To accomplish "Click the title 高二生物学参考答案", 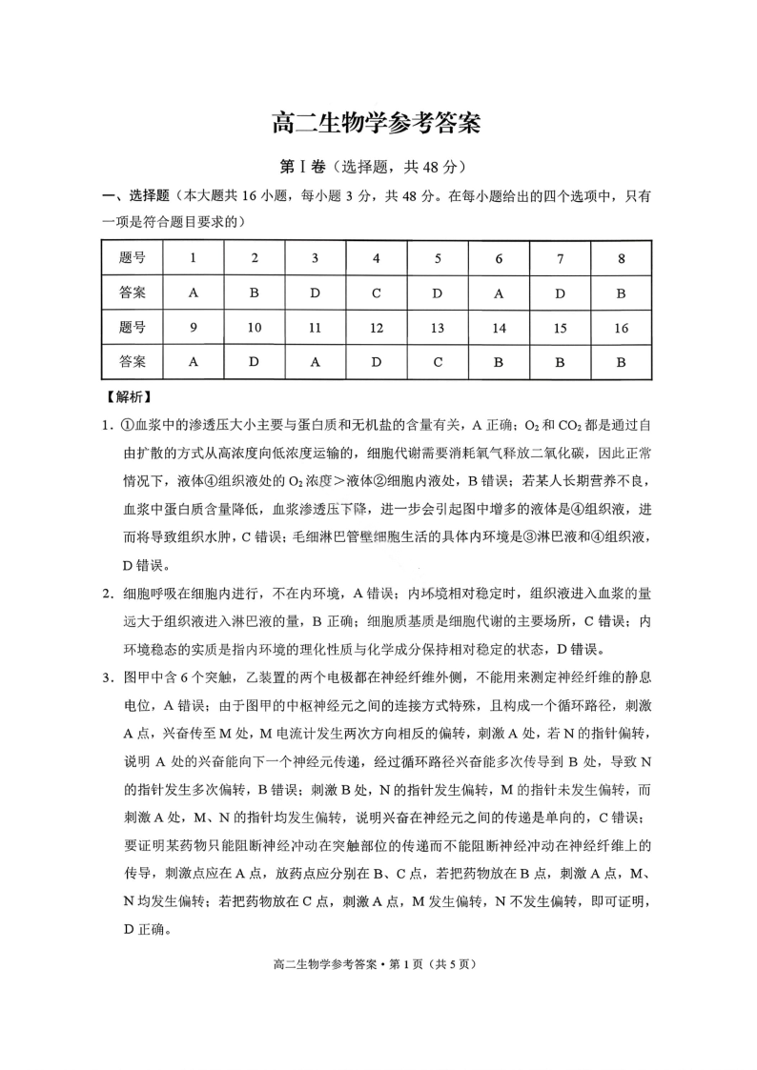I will pyautogui.click(x=378, y=123).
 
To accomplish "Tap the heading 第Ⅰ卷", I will pyautogui.click(x=298, y=166).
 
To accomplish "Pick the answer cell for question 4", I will pyautogui.click(x=377, y=293).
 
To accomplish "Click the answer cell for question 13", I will pyautogui.click(x=438, y=362).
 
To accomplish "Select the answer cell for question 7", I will pyautogui.click(x=560, y=293).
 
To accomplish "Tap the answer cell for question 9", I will pyautogui.click(x=194, y=362).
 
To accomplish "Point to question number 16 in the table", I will pyautogui.click(x=621, y=328).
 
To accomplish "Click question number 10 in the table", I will pyautogui.click(x=255, y=328).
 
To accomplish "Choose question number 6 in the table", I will pyautogui.click(x=499, y=258).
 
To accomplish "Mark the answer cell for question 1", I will pyautogui.click(x=194, y=293).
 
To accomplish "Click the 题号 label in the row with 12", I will pyautogui.click(x=133, y=328).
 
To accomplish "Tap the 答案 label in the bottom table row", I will pyautogui.click(x=133, y=362).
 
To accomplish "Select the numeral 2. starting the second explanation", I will pyautogui.click(x=110, y=595).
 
